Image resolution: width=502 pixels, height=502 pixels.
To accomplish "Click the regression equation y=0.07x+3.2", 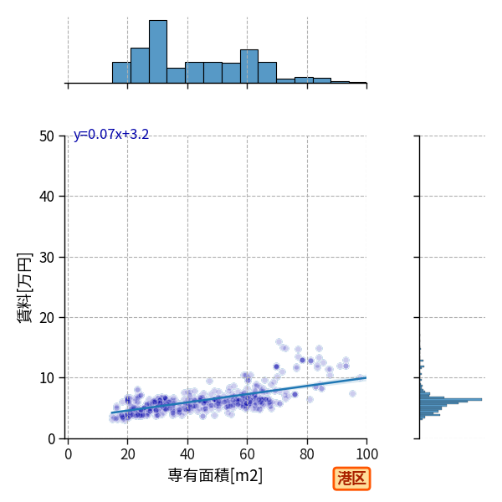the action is tap(111, 135).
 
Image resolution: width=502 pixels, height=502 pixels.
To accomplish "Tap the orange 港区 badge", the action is tap(351, 479).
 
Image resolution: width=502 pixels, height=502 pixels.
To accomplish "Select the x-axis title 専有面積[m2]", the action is tap(215, 475).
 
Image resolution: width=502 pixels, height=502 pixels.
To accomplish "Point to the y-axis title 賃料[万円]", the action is tap(25, 288).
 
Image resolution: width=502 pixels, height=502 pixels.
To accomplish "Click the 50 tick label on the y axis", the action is tap(47, 136).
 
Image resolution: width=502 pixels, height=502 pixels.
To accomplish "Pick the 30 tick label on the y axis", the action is tap(47, 258).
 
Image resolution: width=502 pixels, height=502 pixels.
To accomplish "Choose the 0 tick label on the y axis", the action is tap(51, 439).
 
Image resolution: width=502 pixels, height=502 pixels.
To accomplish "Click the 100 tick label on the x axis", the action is tap(366, 454).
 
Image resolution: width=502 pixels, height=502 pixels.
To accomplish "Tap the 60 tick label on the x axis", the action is tap(247, 454).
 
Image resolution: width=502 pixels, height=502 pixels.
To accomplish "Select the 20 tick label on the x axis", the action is tap(128, 454).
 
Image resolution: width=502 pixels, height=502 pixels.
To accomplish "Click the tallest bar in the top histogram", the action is tap(158, 52).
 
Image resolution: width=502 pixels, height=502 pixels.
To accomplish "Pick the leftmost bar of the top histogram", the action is tap(121, 73).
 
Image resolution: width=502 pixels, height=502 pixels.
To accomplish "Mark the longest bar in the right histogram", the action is tap(451, 400).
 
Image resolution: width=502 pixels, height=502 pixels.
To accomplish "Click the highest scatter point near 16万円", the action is tap(279, 342).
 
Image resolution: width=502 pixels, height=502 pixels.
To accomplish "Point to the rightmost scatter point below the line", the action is tap(352, 393).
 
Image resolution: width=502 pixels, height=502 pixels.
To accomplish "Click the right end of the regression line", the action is tap(366, 378).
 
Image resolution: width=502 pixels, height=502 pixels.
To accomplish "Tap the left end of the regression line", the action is tap(111, 413).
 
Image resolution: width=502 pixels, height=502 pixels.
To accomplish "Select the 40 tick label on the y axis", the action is tap(47, 197).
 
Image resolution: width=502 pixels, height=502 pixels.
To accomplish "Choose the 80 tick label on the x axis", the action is tap(307, 454).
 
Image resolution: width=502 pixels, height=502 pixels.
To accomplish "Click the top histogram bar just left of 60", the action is tap(231, 74).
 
